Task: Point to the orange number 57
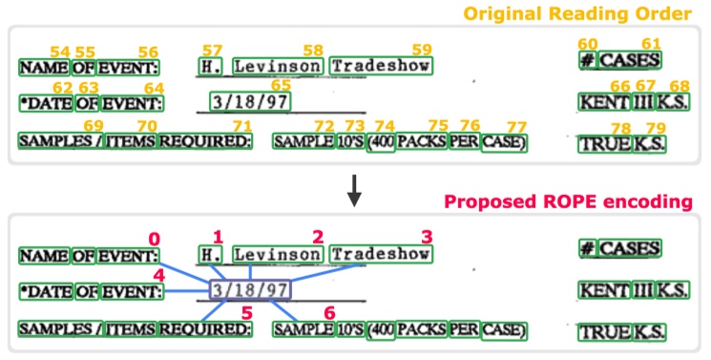click(x=212, y=49)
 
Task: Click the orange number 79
click(x=654, y=129)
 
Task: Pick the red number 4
click(x=158, y=275)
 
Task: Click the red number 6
click(x=331, y=312)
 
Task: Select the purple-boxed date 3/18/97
click(x=249, y=288)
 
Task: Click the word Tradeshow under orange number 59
click(x=381, y=66)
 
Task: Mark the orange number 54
click(x=59, y=51)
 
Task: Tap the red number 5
click(x=247, y=312)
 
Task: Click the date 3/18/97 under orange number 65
click(x=249, y=101)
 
